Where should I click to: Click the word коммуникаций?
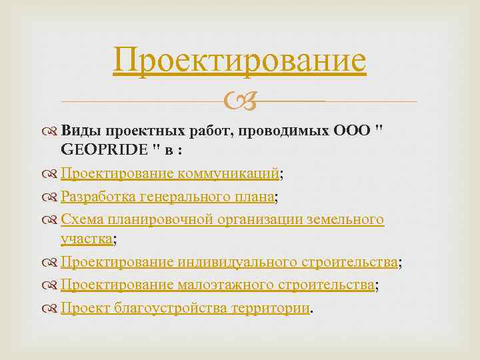[228, 174]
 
